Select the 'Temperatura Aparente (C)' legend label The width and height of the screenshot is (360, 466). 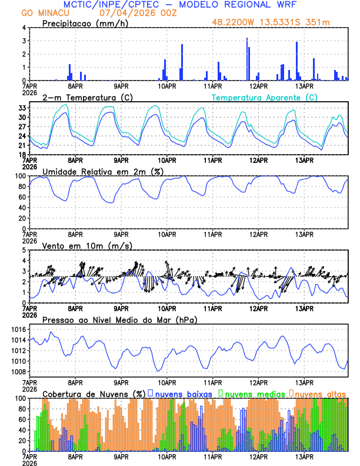pyautogui.click(x=265, y=98)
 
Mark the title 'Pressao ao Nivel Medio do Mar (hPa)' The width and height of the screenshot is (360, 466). pyautogui.click(x=119, y=319)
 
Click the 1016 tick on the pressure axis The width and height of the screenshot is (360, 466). pyautogui.click(x=19, y=329)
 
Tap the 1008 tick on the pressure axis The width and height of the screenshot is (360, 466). pyautogui.click(x=19, y=372)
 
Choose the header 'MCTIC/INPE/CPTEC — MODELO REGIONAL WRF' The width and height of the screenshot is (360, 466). pyautogui.click(x=180, y=5)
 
